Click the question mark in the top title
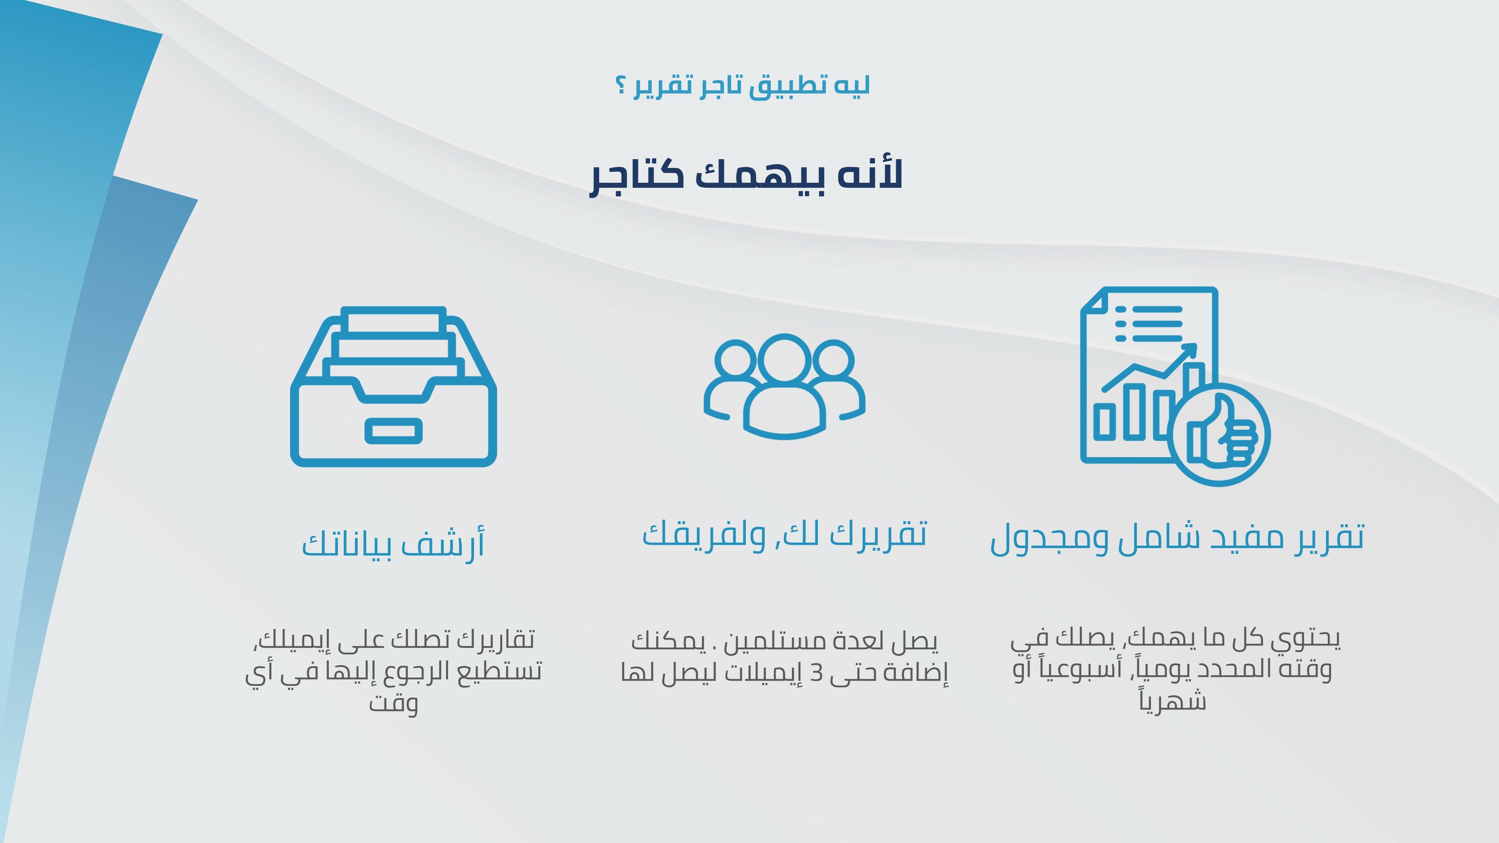[x=621, y=86]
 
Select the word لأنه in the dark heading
[x=870, y=173]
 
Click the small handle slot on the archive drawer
[x=393, y=431]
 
